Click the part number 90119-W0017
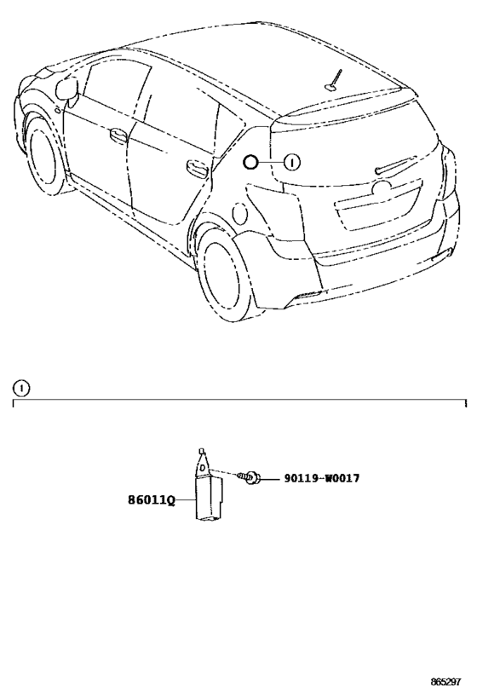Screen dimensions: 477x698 pos(322,478)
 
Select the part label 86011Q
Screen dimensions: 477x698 pos(152,500)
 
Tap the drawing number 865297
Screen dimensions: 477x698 pos(445,682)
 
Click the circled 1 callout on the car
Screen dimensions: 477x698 pos(292,163)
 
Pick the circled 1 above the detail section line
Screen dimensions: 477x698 pos(21,389)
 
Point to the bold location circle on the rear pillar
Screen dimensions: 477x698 pos(250,163)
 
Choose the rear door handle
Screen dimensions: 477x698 pos(197,167)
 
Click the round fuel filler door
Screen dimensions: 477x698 pos(240,213)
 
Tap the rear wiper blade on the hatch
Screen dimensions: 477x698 pos(396,164)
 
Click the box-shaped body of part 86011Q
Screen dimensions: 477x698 pos(209,499)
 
